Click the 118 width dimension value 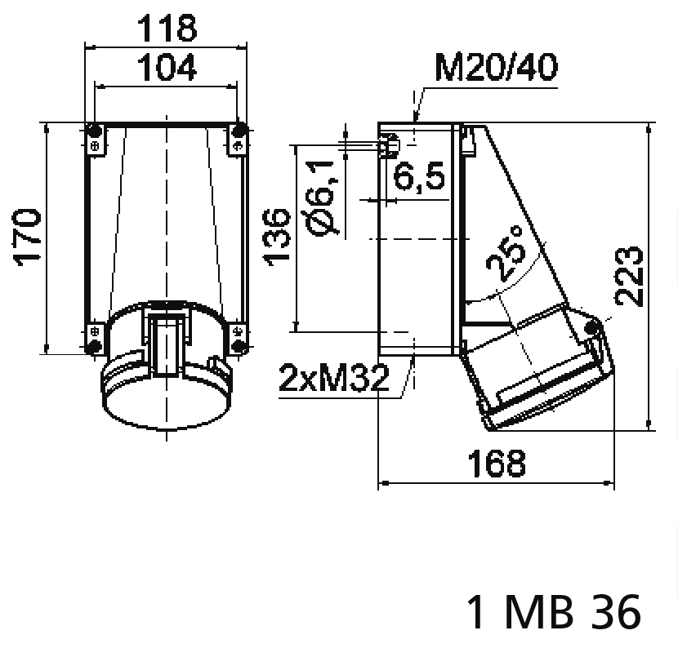pos(166,29)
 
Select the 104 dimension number pos(166,69)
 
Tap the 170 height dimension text pos(28,236)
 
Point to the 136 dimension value pos(277,236)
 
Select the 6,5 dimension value pos(420,176)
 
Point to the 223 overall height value pos(630,275)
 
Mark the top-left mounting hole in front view pos(95,131)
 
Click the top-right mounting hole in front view pos(239,131)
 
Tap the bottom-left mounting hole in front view pos(95,347)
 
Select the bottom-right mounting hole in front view pos(239,347)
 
